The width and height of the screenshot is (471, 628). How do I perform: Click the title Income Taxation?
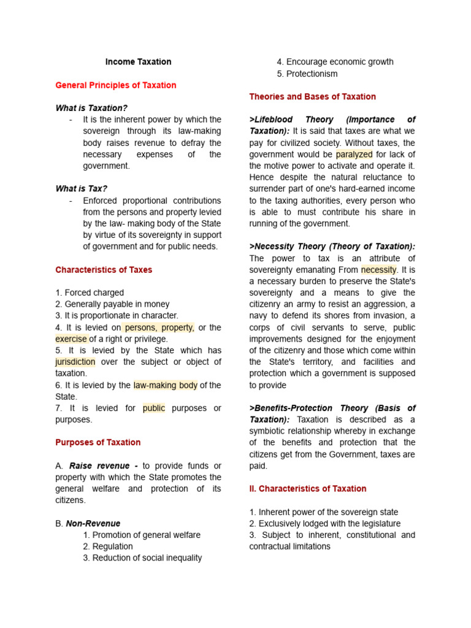click(x=138, y=62)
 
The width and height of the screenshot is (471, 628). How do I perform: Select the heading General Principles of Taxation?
click(x=115, y=85)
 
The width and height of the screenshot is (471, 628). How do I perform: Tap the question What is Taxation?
click(x=91, y=108)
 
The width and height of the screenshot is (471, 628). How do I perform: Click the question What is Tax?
click(x=85, y=189)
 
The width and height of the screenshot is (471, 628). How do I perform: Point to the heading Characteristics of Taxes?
click(x=104, y=270)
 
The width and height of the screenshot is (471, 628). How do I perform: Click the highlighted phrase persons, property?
click(x=159, y=327)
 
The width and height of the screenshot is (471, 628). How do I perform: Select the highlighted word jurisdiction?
click(x=75, y=362)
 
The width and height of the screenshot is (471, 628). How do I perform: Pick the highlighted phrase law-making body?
click(x=165, y=385)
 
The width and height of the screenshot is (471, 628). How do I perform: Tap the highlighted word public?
click(x=154, y=408)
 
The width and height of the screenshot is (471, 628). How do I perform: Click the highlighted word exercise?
click(x=71, y=339)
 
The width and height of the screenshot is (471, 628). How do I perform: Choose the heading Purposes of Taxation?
click(x=98, y=442)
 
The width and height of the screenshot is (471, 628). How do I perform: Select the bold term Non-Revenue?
click(x=93, y=524)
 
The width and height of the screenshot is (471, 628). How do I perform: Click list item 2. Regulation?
click(x=108, y=546)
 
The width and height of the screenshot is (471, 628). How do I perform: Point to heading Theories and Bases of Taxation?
click(x=312, y=97)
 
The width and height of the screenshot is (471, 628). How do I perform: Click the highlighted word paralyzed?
click(x=354, y=155)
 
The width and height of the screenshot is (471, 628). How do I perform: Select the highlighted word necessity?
click(x=379, y=270)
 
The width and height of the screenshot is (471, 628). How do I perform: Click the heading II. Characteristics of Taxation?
click(x=308, y=489)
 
